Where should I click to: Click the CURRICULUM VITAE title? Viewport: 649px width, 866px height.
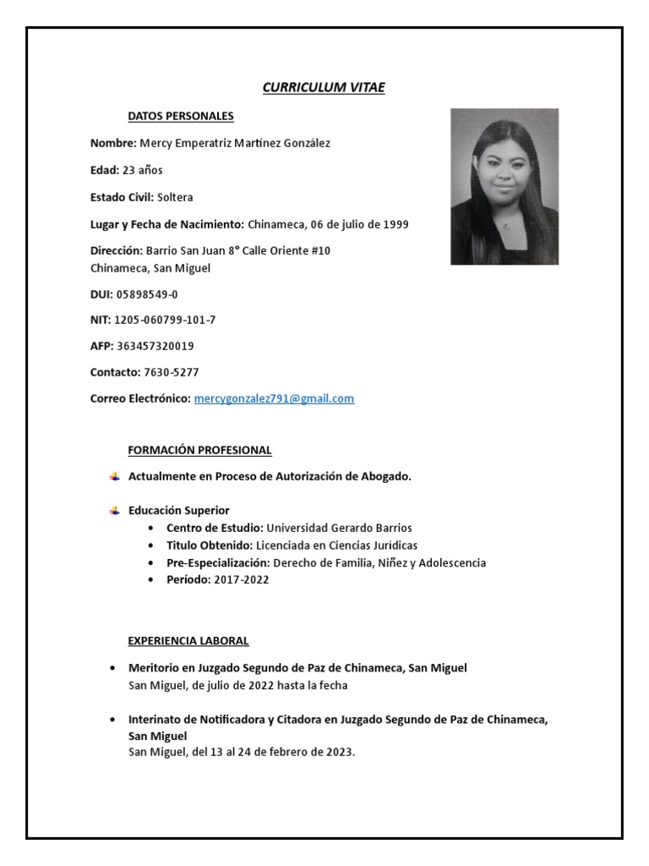click(324, 87)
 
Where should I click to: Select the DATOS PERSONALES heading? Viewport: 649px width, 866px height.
click(181, 116)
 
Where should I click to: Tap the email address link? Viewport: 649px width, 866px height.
click(274, 398)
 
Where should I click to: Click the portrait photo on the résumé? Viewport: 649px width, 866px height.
click(504, 186)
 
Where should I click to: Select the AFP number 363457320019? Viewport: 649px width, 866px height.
click(158, 346)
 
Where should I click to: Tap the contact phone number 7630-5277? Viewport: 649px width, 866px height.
click(172, 372)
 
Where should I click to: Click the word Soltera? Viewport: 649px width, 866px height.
click(175, 197)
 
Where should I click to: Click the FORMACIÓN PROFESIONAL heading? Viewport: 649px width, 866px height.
click(199, 450)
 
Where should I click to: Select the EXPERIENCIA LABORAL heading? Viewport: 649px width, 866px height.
click(188, 641)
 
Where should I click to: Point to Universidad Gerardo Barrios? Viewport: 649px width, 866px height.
click(339, 528)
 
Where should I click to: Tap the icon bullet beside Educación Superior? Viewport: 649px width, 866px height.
click(115, 510)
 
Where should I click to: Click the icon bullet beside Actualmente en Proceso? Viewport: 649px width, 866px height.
click(115, 476)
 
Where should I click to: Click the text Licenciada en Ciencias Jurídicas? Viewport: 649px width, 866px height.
click(336, 545)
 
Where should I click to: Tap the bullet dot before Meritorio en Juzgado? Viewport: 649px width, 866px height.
click(113, 668)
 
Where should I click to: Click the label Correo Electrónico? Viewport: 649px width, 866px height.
click(140, 398)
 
